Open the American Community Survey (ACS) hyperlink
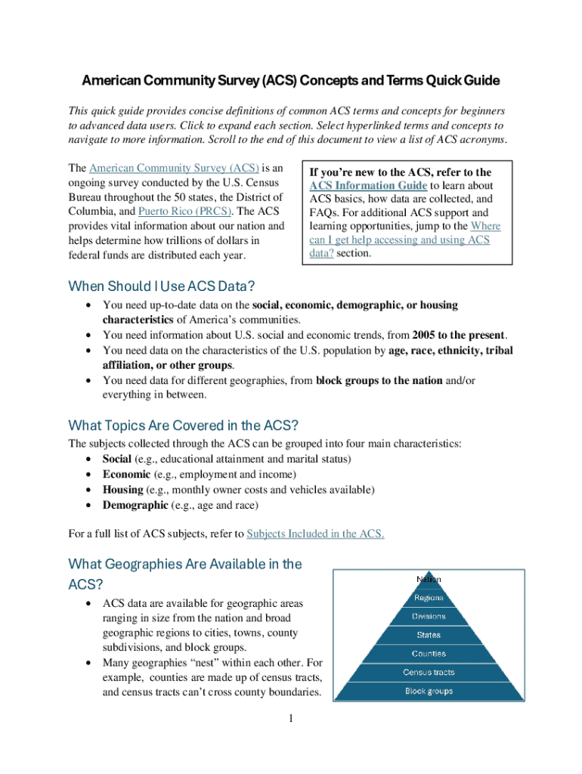(174, 168)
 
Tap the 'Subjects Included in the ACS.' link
(315, 534)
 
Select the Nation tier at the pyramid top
(429, 579)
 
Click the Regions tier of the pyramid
(429, 598)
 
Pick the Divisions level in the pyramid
(429, 617)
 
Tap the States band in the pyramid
(429, 635)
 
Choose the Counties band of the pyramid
(429, 654)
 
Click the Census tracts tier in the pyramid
(429, 672)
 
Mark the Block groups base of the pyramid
(429, 691)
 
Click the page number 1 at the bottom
(290, 717)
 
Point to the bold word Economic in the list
(126, 475)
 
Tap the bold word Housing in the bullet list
(123, 490)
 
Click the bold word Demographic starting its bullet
(135, 505)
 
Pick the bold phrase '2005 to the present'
(459, 335)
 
